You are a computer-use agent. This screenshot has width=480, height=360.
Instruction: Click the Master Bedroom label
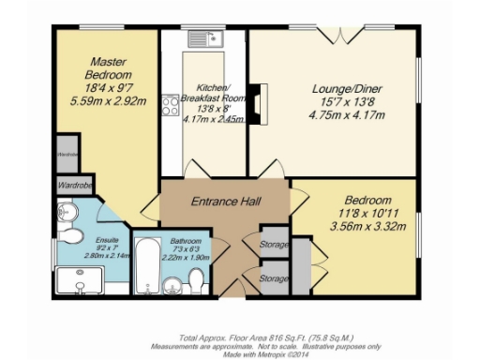coord(100,65)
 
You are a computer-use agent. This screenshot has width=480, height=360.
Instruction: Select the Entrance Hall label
coord(226,202)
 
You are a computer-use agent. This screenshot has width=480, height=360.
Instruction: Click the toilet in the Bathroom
coord(196,280)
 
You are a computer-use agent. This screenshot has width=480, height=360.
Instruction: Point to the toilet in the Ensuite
coord(65,216)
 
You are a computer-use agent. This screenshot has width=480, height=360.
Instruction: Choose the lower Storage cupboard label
coord(274,278)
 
